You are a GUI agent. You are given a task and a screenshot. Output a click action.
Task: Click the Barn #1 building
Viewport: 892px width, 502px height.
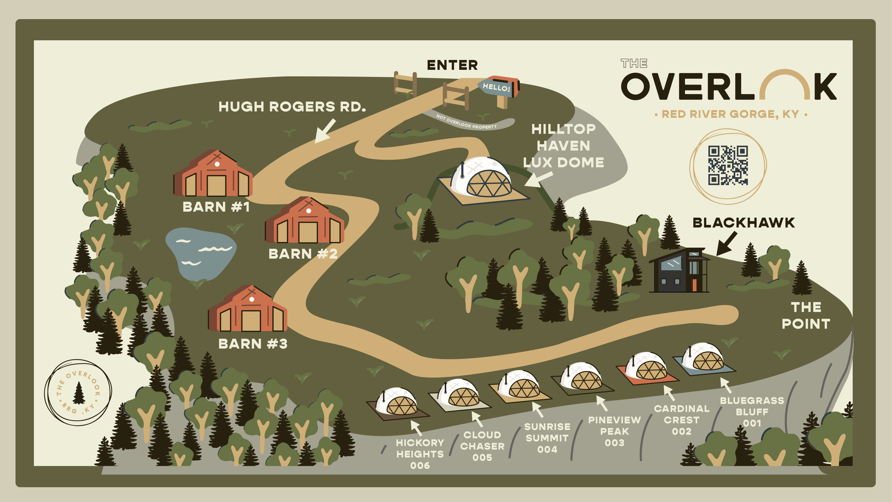[213, 175]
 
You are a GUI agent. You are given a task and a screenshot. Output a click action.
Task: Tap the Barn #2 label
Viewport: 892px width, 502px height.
[303, 254]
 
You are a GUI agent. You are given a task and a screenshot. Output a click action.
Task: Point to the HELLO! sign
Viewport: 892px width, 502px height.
[497, 87]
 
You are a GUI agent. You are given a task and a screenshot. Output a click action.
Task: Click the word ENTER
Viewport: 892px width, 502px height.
[452, 65]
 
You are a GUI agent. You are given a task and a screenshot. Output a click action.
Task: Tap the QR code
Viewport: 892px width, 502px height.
[728, 165]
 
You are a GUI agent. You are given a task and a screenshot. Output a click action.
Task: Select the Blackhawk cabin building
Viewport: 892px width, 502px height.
[679, 271]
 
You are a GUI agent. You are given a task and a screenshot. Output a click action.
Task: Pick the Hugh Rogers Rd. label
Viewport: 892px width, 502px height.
[292, 107]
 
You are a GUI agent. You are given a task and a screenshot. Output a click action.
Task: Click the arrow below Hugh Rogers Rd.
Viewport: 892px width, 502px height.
[325, 131]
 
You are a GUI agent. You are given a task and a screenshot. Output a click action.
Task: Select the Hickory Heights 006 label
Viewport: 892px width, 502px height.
[420, 454]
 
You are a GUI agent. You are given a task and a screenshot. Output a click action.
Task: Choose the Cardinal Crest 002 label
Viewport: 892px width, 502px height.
[681, 420]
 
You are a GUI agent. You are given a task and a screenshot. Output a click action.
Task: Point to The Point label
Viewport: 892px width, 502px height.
[806, 316]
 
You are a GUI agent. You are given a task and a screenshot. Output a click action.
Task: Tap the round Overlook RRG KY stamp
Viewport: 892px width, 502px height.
[78, 392]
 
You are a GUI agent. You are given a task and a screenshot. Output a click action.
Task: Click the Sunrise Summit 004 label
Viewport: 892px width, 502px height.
[547, 438]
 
